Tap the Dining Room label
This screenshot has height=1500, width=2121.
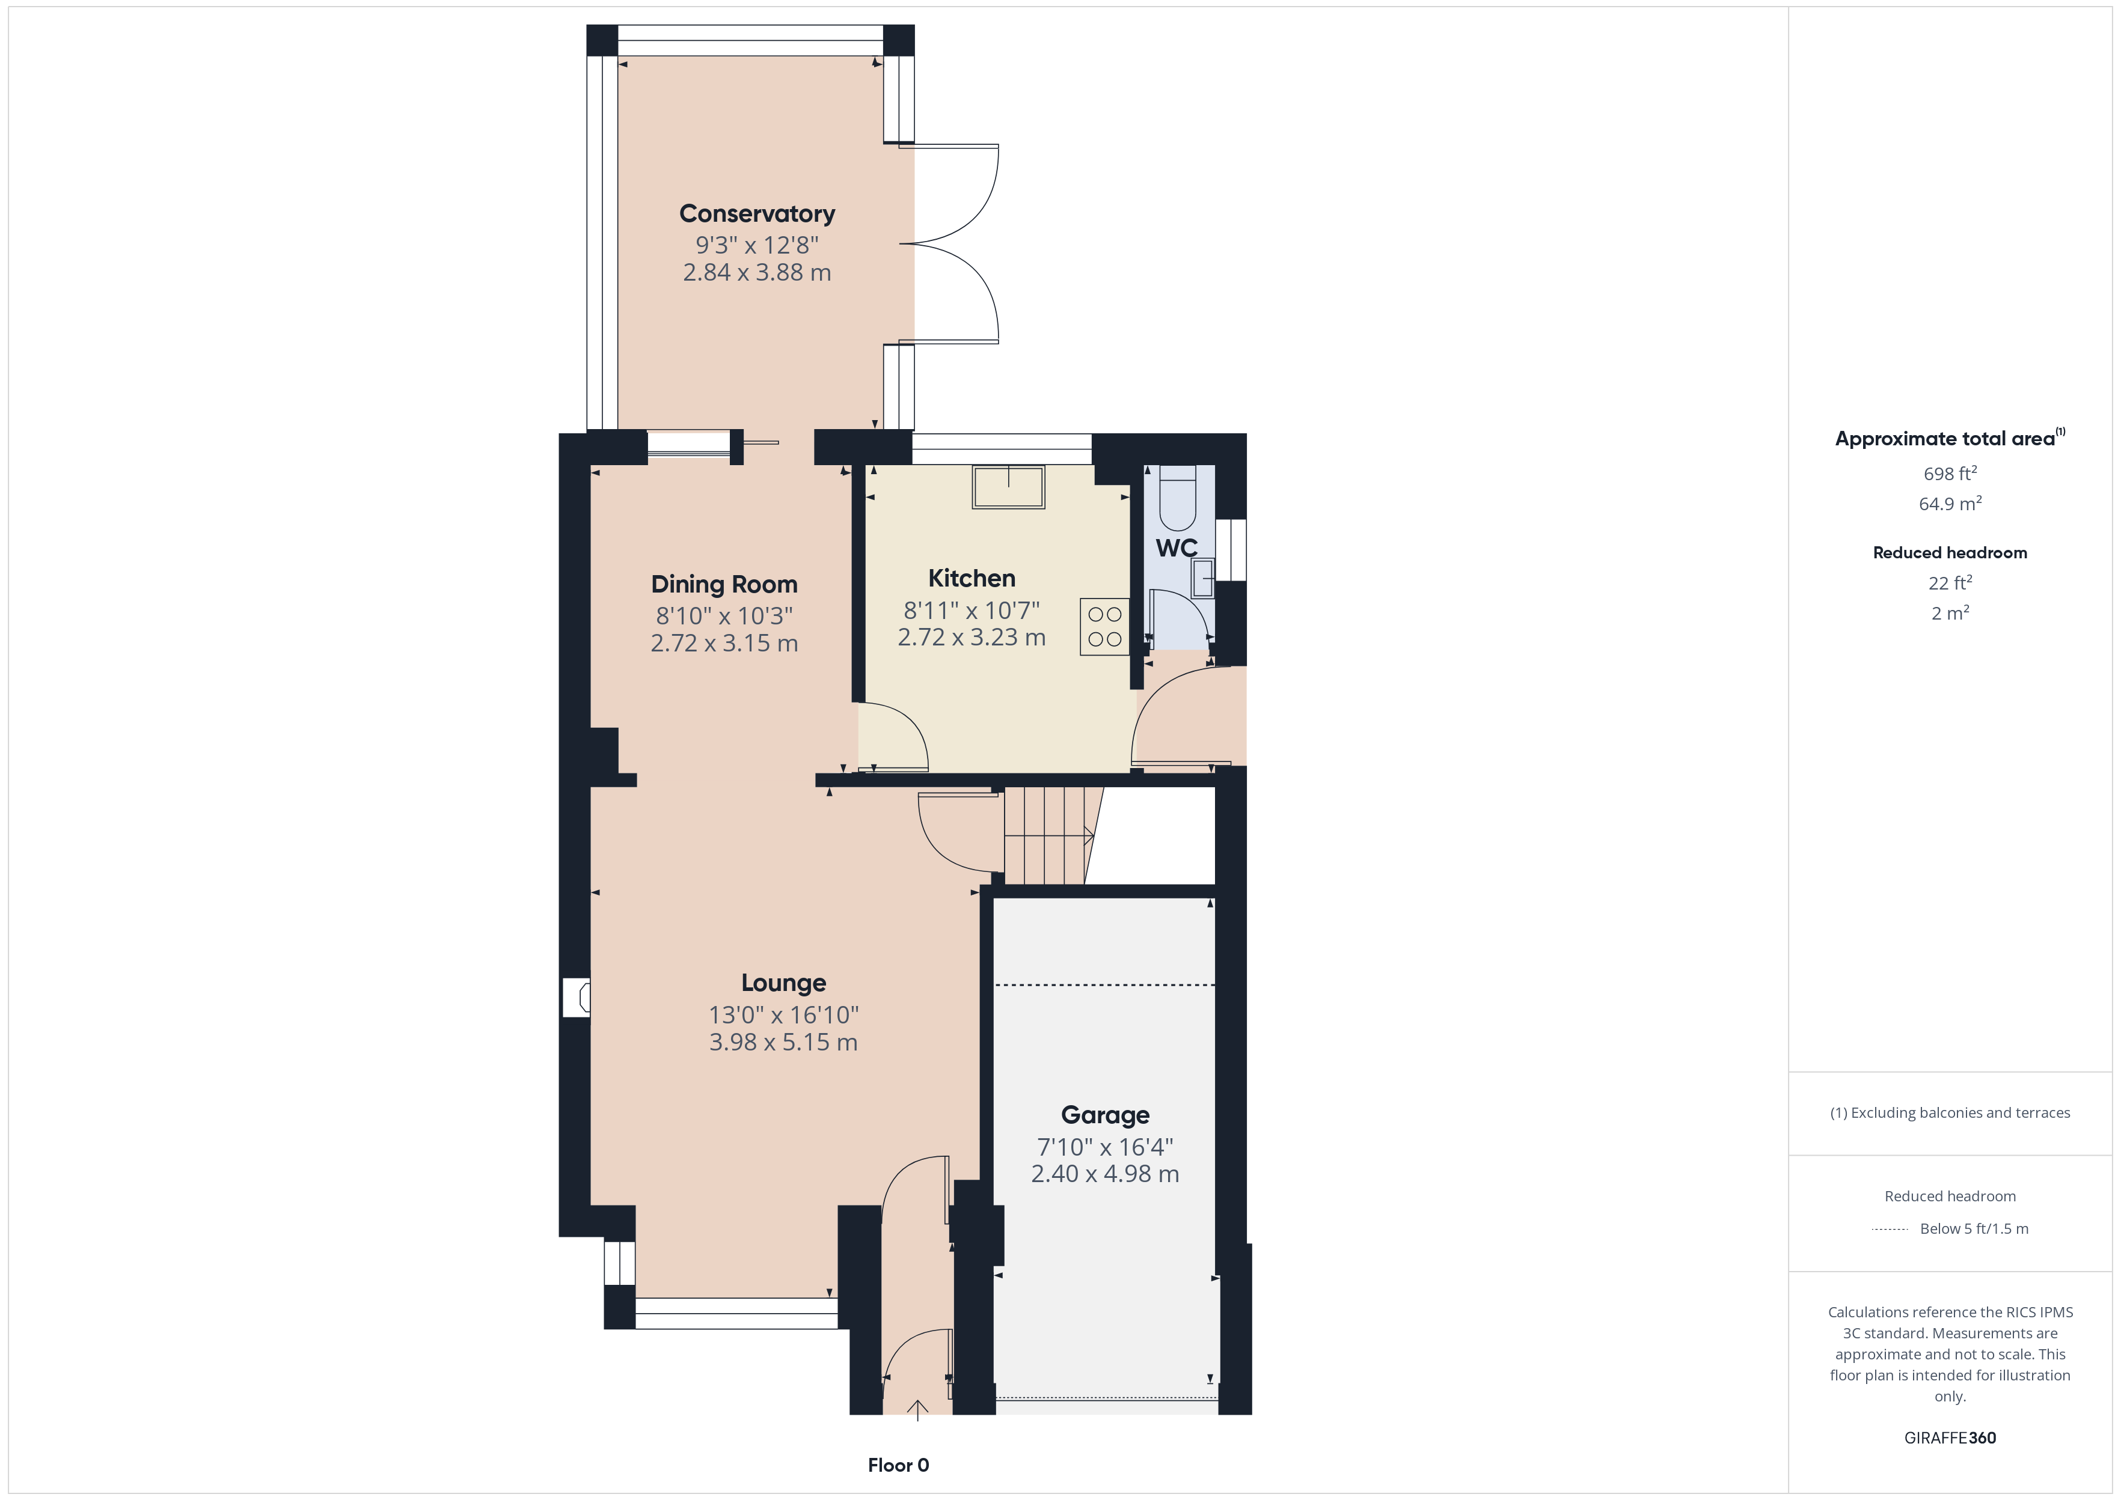pos(724,585)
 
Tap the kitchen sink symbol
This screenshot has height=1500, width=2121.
pos(1008,487)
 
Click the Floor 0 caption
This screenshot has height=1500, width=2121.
pos(898,1466)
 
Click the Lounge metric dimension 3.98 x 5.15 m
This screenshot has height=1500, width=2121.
pos(783,1043)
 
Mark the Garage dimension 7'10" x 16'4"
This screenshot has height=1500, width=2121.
pos(1105,1147)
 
